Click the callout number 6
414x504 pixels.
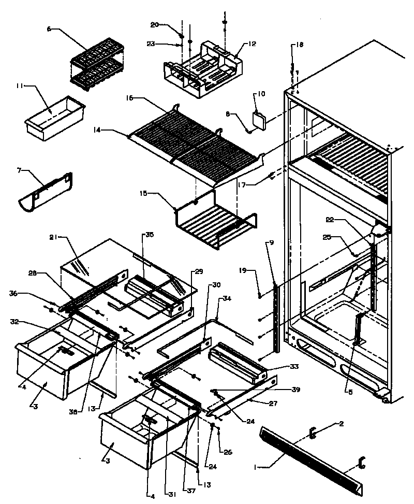tap(49, 29)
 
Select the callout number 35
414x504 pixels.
tap(149, 235)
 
